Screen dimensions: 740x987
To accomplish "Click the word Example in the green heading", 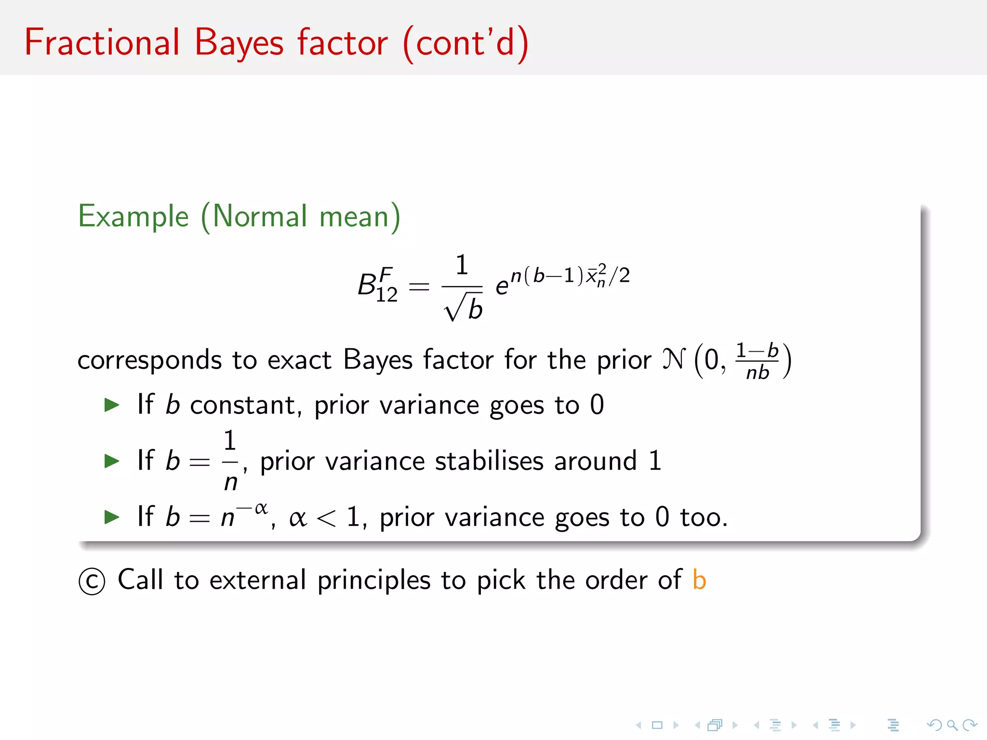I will (x=133, y=216).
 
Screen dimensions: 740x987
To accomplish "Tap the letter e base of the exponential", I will (x=502, y=287).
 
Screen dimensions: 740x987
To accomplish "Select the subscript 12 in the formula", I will (x=387, y=294).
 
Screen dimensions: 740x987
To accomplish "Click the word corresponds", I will (x=149, y=360).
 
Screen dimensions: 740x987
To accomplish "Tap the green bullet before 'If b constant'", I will (x=112, y=405).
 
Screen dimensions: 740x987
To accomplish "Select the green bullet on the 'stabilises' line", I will (x=112, y=461).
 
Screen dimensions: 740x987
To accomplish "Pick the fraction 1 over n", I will (x=230, y=461).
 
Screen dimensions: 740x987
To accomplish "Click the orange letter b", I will (x=699, y=580).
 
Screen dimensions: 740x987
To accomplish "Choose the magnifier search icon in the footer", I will (x=951, y=725).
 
